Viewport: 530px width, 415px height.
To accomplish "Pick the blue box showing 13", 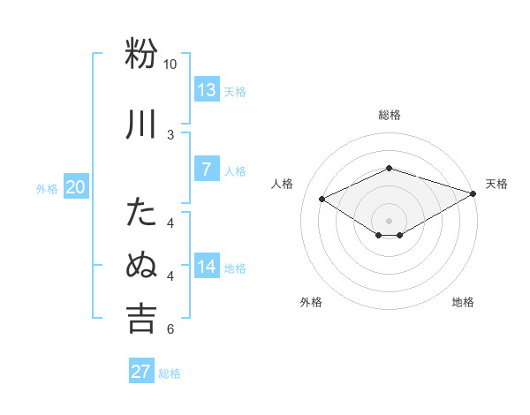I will tap(207, 90).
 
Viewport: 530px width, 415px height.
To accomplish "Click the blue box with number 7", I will tap(207, 170).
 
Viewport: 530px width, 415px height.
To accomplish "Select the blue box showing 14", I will tap(207, 267).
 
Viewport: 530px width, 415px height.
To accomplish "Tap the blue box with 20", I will tap(75, 187).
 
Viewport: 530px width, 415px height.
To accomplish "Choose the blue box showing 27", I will tap(141, 371).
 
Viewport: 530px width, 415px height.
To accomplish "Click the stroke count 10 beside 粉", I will tap(170, 64).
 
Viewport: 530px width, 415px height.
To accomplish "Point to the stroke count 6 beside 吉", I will tap(170, 329).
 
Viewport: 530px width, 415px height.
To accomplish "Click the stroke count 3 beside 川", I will tap(170, 134).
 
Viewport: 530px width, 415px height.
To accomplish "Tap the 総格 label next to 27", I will tap(170, 373).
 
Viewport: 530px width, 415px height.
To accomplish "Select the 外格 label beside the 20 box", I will tap(47, 188).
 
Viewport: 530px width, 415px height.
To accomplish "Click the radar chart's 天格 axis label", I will tap(496, 184).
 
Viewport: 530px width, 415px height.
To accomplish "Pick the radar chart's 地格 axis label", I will tap(463, 302).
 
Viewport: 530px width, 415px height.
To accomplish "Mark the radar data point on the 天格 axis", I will tap(474, 193).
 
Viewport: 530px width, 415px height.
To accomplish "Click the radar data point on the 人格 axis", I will tap(322, 199).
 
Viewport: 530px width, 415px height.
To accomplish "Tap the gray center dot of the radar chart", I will tap(389, 220).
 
